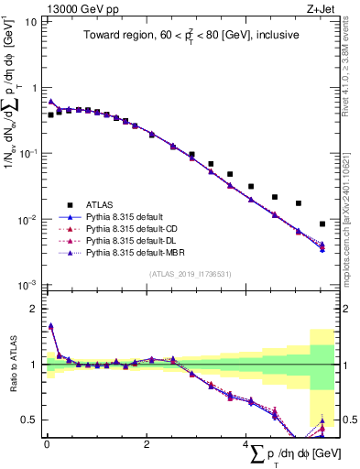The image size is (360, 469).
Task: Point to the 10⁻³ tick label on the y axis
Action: (x=27, y=286)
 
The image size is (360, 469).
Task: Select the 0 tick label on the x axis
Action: (x=46, y=446)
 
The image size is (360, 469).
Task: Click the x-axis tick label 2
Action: (x=147, y=446)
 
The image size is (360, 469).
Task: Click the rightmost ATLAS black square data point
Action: (x=322, y=224)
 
